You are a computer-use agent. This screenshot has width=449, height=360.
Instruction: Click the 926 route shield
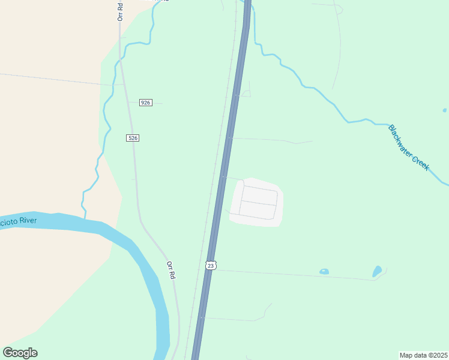pos(146,103)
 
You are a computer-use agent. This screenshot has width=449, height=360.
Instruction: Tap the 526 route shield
pos(133,138)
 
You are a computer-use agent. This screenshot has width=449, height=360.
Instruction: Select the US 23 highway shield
pos(210,265)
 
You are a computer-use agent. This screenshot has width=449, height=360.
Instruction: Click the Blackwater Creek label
pos(408,148)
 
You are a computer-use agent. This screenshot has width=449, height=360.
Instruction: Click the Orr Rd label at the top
pos(120,11)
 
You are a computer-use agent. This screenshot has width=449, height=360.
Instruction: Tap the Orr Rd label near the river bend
pos(171,269)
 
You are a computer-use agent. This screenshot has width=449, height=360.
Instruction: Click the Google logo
pos(20,353)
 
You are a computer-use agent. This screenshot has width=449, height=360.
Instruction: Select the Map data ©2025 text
pos(423,355)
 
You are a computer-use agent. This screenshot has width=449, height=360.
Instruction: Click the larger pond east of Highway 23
pos(377,271)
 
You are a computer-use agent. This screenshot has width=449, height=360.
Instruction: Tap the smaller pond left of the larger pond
pos(324,272)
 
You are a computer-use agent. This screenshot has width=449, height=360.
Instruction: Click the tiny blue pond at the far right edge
pos(444,110)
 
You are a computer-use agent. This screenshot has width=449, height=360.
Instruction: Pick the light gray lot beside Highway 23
pos(257,202)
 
